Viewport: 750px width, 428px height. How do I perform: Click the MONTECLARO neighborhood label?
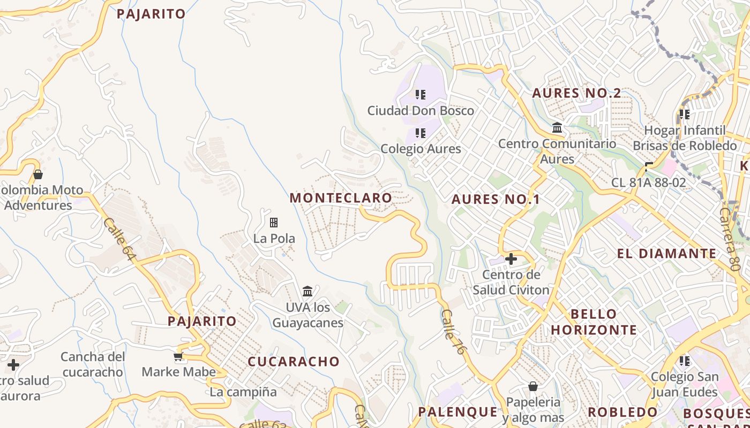click(341, 198)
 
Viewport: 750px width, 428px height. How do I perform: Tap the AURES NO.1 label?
click(495, 200)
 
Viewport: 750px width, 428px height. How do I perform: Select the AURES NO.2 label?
click(576, 93)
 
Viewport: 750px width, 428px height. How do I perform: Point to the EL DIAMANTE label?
click(666, 254)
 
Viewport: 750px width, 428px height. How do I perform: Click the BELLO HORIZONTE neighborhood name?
click(594, 322)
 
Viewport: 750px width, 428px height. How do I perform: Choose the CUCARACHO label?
click(294, 362)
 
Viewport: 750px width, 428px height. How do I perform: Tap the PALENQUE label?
click(457, 412)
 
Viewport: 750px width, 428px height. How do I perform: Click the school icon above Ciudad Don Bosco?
click(421, 95)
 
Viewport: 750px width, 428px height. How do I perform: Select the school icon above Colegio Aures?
click(421, 133)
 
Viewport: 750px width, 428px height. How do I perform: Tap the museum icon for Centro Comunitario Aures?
click(557, 128)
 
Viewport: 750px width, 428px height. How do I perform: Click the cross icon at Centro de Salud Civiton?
click(511, 259)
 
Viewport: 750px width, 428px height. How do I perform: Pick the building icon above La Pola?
click(274, 222)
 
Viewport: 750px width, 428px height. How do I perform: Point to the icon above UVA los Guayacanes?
click(307, 292)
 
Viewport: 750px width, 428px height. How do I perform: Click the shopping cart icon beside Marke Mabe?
click(178, 356)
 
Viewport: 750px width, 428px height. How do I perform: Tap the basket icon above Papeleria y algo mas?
click(533, 386)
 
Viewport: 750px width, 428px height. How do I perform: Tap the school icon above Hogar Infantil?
click(684, 114)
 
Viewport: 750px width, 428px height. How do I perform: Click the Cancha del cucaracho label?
click(93, 364)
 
